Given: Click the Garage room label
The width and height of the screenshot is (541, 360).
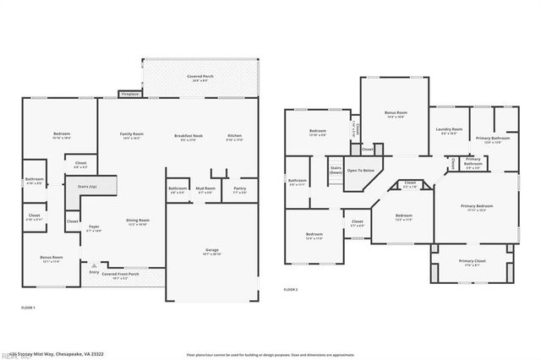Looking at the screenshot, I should click(211, 250).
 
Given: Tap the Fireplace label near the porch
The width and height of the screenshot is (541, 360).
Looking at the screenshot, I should click(129, 94).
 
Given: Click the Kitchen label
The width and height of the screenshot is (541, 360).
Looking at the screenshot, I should click(234, 135).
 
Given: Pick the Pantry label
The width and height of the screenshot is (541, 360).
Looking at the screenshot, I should click(239, 188).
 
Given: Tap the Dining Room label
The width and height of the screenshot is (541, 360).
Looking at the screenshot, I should click(136, 223).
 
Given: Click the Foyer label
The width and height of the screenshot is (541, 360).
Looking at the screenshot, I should click(94, 228).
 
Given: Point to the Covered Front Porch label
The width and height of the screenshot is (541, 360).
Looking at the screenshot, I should click(121, 273).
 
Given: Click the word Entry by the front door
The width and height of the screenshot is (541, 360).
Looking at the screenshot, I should click(94, 272).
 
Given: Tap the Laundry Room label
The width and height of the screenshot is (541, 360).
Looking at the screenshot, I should click(449, 129).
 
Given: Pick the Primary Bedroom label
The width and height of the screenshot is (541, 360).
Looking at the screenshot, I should click(476, 206).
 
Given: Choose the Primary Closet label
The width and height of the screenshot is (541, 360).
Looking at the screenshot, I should click(473, 261).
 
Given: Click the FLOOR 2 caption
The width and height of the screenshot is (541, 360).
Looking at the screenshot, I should click(291, 290).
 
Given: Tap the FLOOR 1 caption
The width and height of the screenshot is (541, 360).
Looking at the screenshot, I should click(28, 308).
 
